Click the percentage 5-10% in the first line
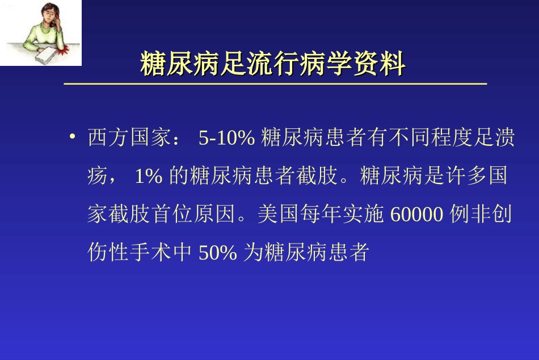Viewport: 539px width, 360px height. point(226,139)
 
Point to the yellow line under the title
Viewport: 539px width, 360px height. point(275,84)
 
